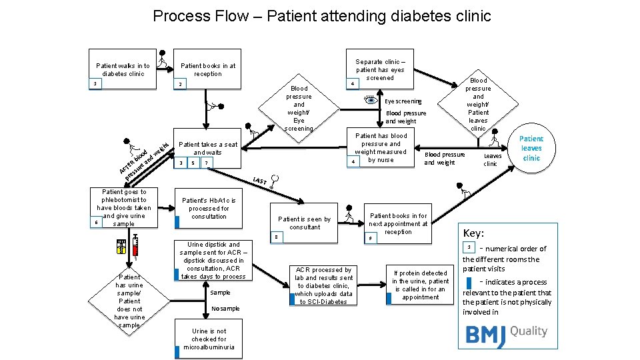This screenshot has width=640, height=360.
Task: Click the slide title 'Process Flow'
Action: tap(321, 16)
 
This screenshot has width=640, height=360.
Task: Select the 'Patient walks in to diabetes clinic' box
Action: tap(123, 70)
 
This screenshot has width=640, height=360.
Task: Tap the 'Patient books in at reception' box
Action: tap(208, 70)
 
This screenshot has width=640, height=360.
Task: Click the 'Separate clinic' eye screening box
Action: tap(380, 69)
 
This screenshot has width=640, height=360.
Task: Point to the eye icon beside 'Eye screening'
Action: tap(372, 101)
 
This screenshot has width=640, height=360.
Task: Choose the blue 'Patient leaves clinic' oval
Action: tap(531, 149)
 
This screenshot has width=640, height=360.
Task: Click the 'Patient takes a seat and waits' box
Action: tap(208, 153)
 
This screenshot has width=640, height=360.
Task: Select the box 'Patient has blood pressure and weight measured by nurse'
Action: tap(380, 148)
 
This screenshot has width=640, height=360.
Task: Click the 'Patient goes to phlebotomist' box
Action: tap(123, 208)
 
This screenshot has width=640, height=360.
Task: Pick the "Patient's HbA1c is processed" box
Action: tap(208, 208)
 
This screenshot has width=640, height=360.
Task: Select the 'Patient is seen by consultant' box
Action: tap(304, 223)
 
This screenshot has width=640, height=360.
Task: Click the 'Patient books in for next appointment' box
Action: tap(399, 224)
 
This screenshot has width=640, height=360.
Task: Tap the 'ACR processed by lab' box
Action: tap(323, 285)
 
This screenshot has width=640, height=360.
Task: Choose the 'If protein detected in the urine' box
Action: tap(420, 285)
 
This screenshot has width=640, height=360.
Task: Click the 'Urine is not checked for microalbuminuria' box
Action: tap(209, 339)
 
